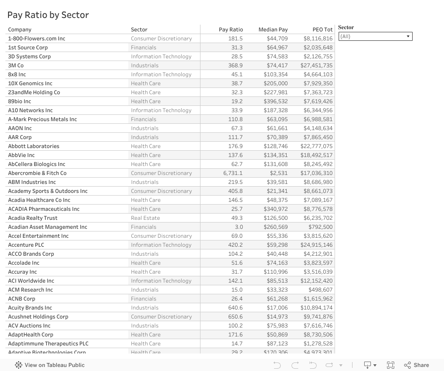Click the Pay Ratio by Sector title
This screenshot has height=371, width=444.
(x=48, y=15)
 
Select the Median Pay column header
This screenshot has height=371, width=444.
(x=273, y=30)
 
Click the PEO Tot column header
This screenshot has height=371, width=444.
(x=322, y=30)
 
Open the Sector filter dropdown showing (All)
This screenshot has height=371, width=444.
(x=375, y=36)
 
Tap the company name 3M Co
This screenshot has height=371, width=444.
(x=16, y=65)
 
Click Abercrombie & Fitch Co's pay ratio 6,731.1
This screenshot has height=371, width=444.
(x=233, y=173)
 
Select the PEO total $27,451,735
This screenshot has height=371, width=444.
(x=317, y=65)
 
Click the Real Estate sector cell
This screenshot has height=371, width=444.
(x=145, y=218)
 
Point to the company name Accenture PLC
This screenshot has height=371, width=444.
(x=26, y=245)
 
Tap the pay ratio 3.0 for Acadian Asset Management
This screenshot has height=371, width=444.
(x=238, y=227)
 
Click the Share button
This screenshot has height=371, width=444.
(x=416, y=365)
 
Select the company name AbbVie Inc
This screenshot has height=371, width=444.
(x=21, y=155)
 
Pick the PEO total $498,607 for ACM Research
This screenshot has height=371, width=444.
(x=320, y=290)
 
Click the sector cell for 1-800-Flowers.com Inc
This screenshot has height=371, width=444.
(x=161, y=39)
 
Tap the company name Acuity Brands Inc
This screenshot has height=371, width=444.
(x=30, y=308)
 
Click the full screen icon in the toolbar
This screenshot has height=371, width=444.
(x=391, y=365)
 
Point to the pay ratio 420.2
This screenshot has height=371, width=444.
(x=235, y=245)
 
